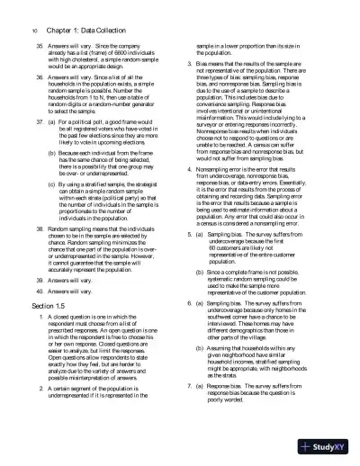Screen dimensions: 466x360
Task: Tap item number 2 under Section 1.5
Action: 28,412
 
